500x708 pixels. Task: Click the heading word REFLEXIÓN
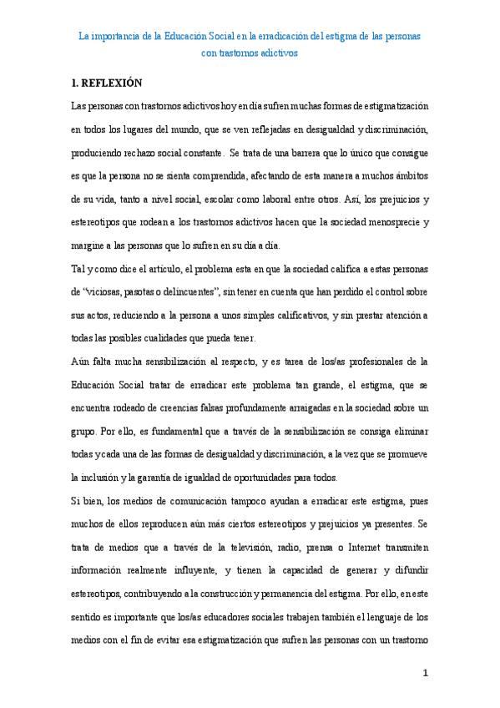click(114, 83)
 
